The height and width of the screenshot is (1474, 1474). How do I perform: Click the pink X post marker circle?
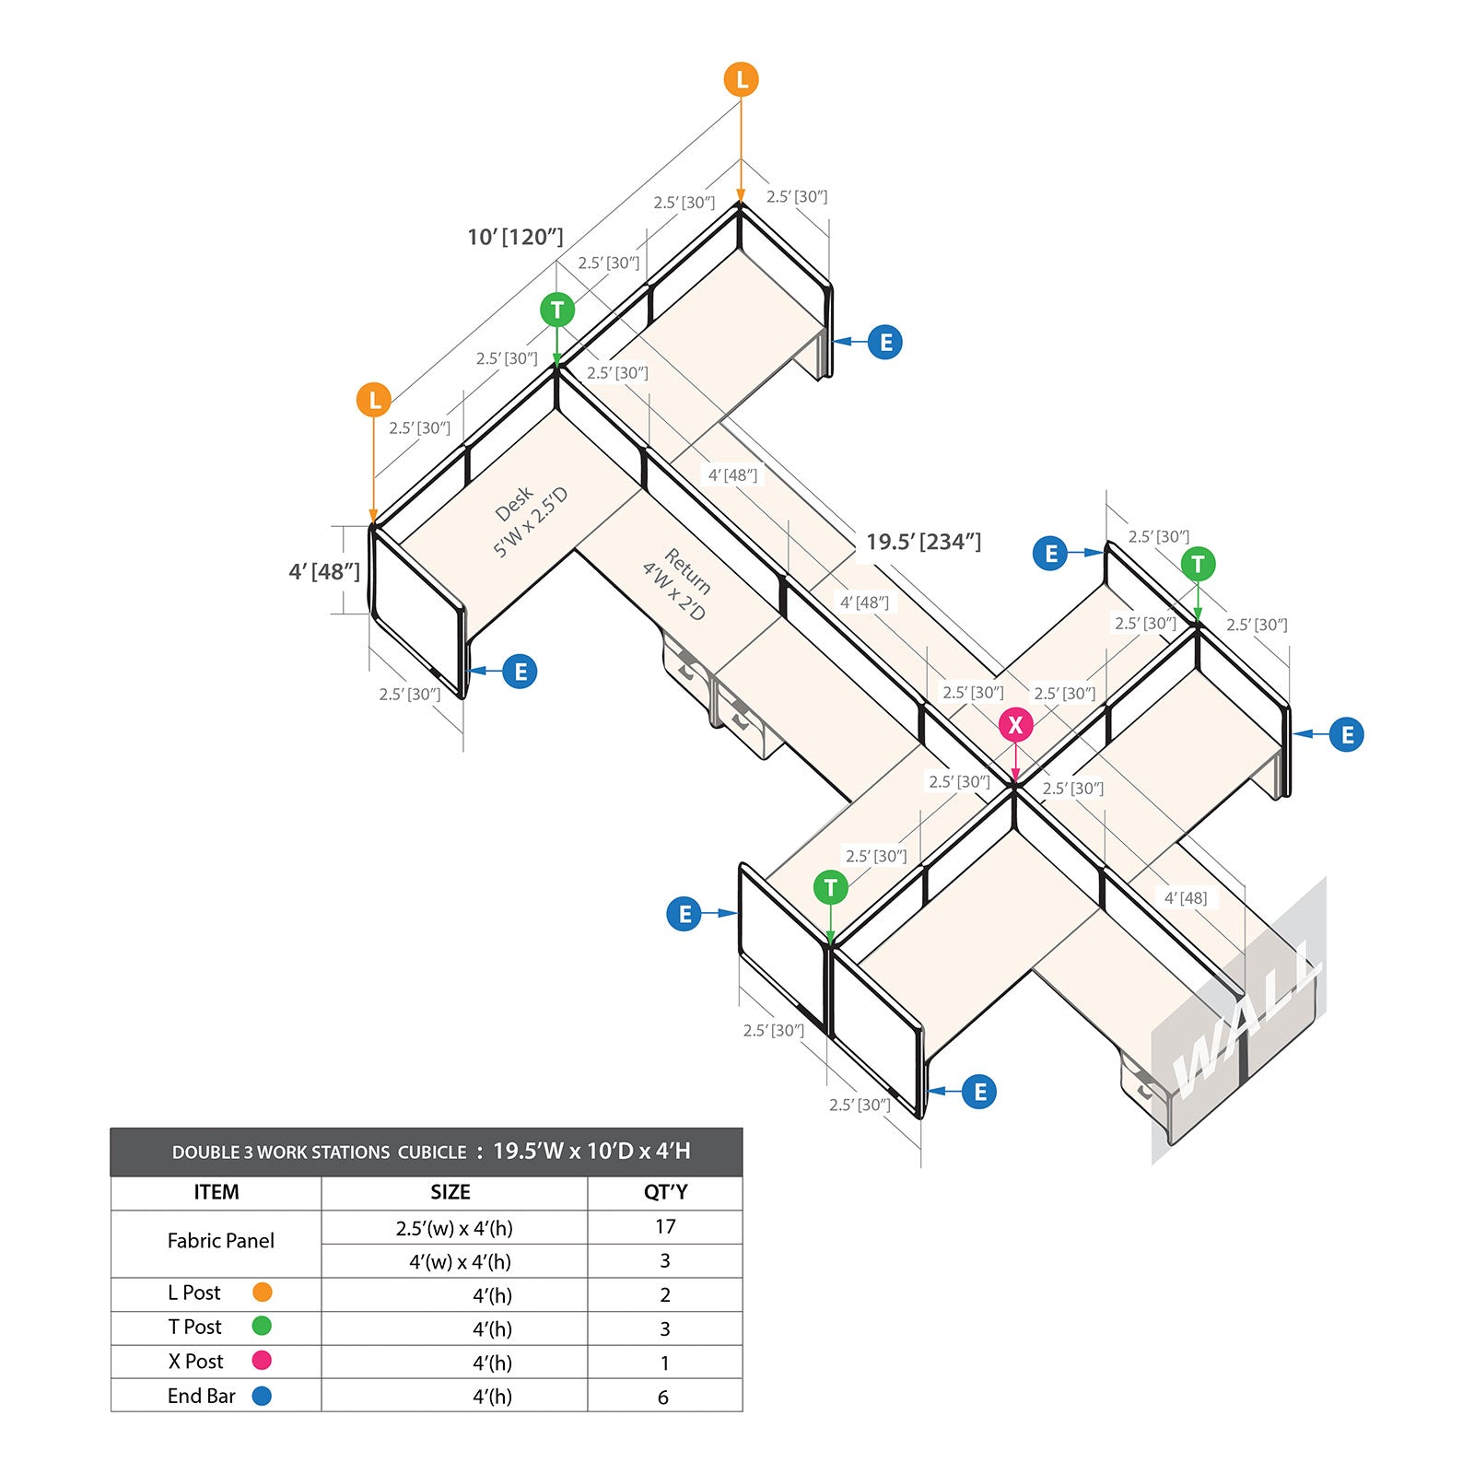tap(1015, 725)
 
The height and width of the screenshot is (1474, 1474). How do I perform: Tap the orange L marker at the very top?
tap(741, 80)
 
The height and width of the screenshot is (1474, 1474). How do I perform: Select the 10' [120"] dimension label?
tap(515, 237)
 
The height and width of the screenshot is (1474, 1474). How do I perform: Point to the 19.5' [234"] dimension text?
tap(923, 542)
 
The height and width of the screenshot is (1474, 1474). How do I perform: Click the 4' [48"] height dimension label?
tap(324, 571)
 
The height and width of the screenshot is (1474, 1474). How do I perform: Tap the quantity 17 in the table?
tap(665, 1227)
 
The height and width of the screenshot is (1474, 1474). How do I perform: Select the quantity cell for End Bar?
tap(663, 1397)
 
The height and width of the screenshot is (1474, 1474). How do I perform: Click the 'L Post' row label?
tap(193, 1293)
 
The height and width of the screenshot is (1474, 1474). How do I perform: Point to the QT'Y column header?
tap(665, 1192)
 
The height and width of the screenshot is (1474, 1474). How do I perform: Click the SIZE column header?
tap(450, 1192)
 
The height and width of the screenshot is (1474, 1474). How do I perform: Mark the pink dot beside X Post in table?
tap(262, 1361)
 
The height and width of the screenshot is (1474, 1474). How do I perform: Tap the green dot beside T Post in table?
tap(262, 1327)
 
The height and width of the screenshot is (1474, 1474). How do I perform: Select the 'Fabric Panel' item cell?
tap(220, 1241)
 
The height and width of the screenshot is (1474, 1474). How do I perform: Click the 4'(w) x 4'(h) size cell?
tap(460, 1261)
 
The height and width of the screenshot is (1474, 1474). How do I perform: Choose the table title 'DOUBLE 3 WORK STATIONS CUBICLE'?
tap(320, 1152)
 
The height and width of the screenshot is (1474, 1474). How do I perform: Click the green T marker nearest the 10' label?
tap(557, 310)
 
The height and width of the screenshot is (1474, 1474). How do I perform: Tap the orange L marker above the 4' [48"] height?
tap(374, 400)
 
